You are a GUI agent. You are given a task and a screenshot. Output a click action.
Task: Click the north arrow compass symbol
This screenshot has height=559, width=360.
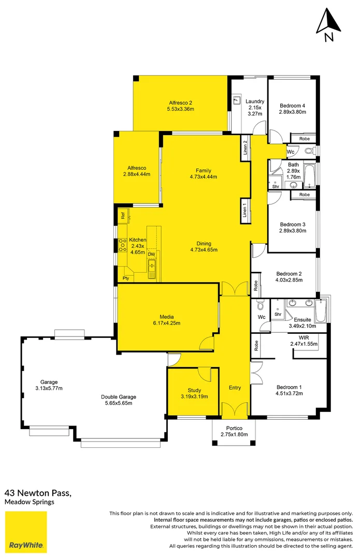[x=328, y=24]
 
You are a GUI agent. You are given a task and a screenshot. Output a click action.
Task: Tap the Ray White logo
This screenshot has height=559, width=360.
[x=26, y=532]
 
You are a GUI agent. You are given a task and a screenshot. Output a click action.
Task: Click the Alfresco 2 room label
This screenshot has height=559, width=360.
[x=181, y=102]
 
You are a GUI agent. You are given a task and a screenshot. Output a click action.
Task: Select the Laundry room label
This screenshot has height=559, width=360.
[x=255, y=101]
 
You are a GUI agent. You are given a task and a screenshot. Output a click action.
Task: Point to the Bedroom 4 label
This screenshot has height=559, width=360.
[x=292, y=106]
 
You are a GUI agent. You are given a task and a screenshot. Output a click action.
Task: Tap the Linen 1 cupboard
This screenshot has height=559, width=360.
[x=245, y=210]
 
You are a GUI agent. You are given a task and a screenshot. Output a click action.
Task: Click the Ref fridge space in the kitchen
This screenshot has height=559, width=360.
[x=123, y=216]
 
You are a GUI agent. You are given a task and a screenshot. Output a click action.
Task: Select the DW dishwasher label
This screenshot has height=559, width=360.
[x=151, y=254]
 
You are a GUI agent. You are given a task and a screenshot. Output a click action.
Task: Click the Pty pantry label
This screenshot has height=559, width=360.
[x=125, y=278]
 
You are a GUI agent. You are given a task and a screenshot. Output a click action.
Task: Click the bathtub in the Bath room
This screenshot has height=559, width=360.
[x=309, y=176]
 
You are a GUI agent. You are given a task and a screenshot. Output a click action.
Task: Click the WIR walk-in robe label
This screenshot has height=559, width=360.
[x=304, y=337]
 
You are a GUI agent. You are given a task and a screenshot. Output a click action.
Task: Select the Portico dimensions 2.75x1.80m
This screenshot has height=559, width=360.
[x=234, y=434]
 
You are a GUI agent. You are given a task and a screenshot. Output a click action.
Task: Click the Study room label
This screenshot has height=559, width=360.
[x=194, y=390]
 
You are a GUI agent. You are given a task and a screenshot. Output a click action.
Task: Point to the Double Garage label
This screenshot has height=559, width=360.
[x=119, y=397]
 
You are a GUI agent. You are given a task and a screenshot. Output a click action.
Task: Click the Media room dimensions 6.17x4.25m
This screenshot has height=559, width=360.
[x=167, y=323]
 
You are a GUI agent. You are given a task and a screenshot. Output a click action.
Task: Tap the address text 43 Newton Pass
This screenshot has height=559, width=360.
[x=38, y=493]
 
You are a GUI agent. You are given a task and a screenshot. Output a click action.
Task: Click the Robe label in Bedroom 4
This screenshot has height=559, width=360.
[x=305, y=139]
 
